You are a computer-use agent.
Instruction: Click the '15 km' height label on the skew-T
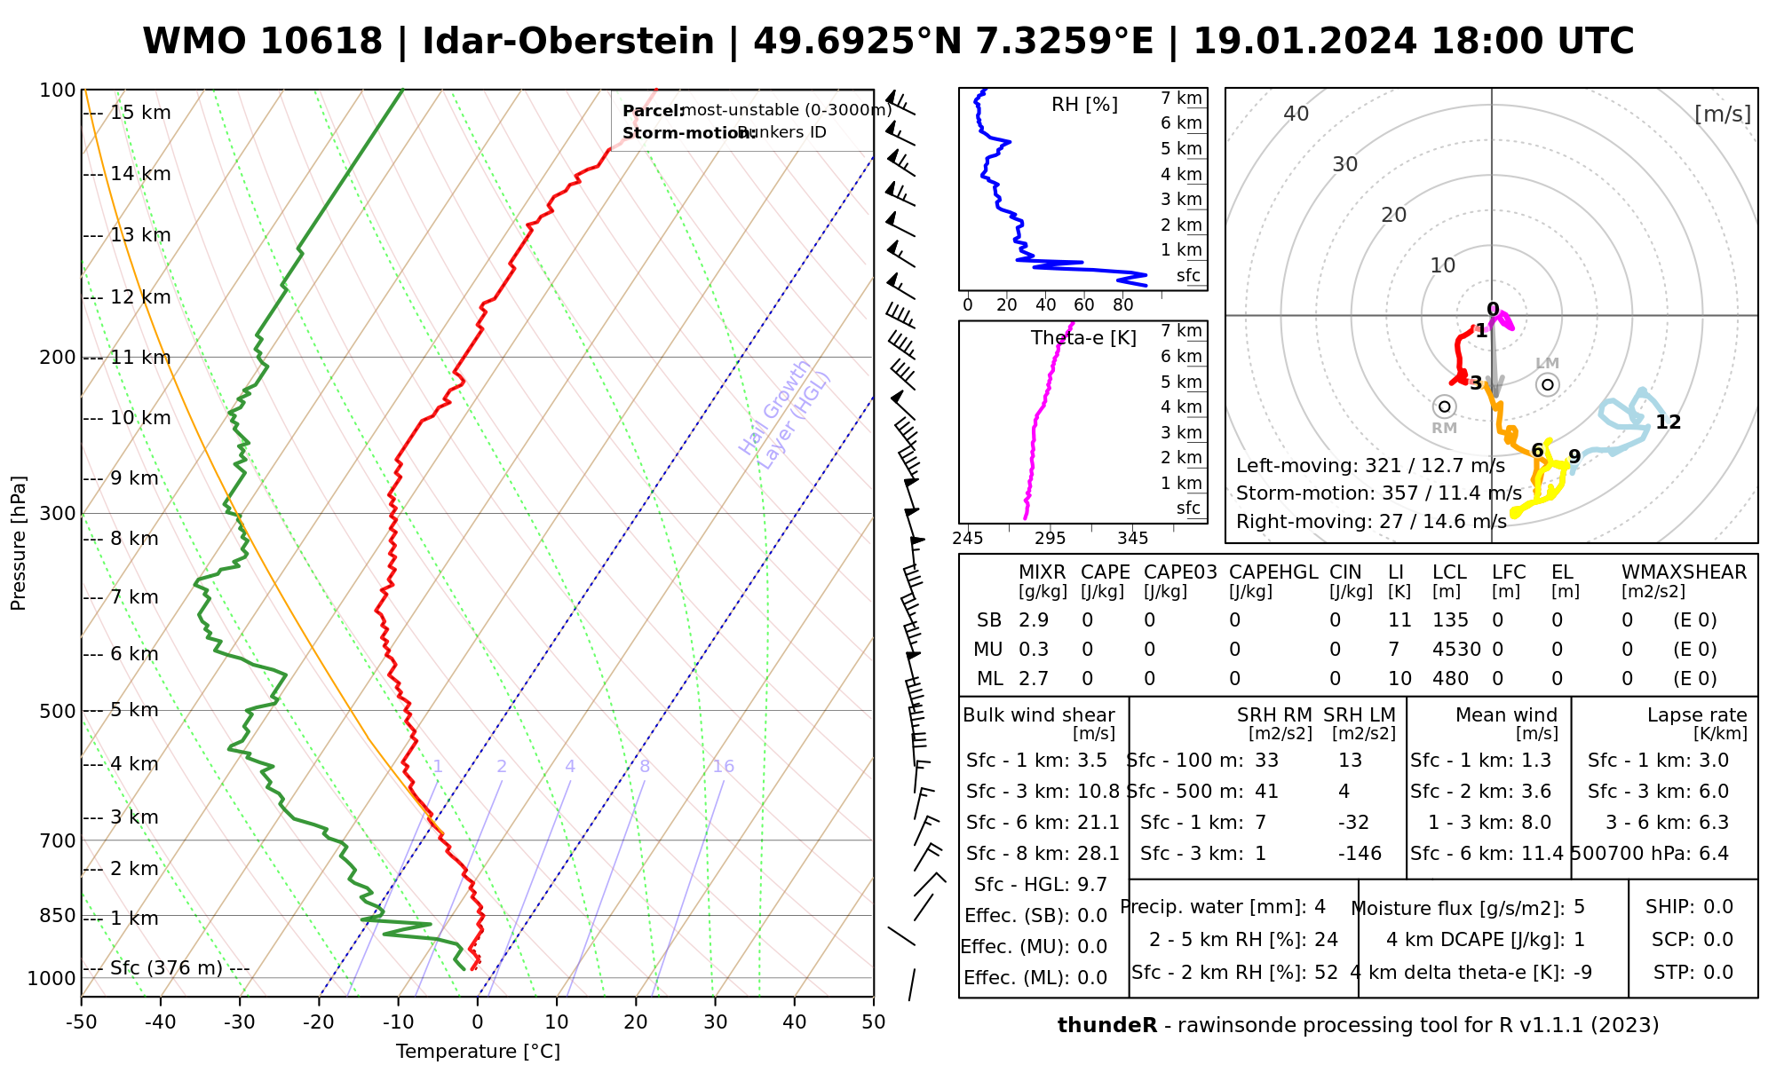pyautogui.click(x=140, y=113)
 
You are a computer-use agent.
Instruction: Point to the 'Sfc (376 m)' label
pyautogui.click(x=166, y=967)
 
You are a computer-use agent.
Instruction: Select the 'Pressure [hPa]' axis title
pyautogui.click(x=19, y=543)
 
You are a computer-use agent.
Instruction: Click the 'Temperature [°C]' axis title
pyautogui.click(x=478, y=1052)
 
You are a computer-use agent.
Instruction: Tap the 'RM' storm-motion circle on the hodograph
pyautogui.click(x=1445, y=406)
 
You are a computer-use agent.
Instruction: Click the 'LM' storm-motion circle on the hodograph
pyautogui.click(x=1548, y=384)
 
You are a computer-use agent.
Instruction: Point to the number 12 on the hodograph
pyautogui.click(x=1669, y=422)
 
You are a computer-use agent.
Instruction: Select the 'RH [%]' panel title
pyautogui.click(x=1084, y=105)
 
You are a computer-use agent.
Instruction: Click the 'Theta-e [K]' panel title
pyautogui.click(x=1083, y=338)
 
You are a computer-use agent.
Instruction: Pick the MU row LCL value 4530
pyautogui.click(x=1456, y=649)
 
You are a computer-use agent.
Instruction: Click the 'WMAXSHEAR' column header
pyautogui.click(x=1684, y=572)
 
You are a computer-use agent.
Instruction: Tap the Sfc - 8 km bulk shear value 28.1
pyautogui.click(x=1098, y=854)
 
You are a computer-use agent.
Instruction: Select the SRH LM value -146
pyautogui.click(x=1360, y=854)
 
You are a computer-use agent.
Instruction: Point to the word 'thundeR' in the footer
pyautogui.click(x=1107, y=1026)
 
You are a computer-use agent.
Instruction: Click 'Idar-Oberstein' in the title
pyautogui.click(x=568, y=42)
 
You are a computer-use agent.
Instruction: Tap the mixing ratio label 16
pyautogui.click(x=724, y=767)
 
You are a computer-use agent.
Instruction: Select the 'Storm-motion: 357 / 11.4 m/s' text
pyautogui.click(x=1379, y=493)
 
